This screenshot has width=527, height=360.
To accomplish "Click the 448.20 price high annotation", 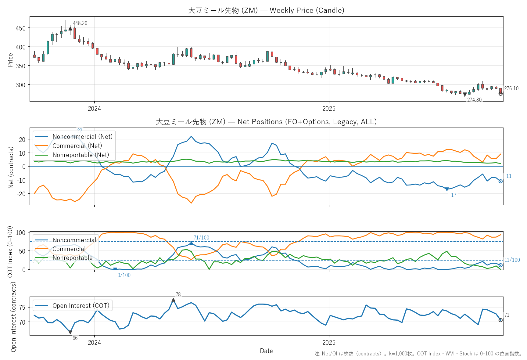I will click(x=80, y=23).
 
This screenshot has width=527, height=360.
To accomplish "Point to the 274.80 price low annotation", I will click(x=474, y=100).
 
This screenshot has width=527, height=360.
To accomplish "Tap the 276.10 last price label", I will click(x=511, y=88).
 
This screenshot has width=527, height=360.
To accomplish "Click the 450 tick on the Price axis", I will click(x=21, y=28).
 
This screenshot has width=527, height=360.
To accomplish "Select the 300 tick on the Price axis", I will click(x=21, y=85).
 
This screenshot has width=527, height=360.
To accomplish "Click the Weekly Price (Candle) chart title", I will click(x=266, y=10).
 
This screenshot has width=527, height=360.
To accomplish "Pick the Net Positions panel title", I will click(x=266, y=122).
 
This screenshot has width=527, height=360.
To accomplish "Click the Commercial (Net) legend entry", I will click(x=77, y=146).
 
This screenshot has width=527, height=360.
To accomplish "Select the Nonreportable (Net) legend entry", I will click(x=81, y=155).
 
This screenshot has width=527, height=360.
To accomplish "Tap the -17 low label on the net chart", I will click(x=453, y=195).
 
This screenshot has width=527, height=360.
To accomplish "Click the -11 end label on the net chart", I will click(x=508, y=176).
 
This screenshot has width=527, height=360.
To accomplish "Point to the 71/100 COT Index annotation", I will click(x=201, y=238).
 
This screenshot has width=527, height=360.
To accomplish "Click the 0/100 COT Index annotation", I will click(x=124, y=275).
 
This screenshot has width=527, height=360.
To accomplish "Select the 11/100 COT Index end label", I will click(x=512, y=260).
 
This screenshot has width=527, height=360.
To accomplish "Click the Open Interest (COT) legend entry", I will click(x=81, y=306).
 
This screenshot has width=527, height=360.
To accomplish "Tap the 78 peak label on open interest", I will click(x=178, y=294).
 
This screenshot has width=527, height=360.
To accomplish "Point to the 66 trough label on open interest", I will click(x=75, y=338).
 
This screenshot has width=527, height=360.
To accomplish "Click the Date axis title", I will click(x=266, y=351).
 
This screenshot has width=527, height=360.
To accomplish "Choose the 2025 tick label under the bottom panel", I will click(x=329, y=343).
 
